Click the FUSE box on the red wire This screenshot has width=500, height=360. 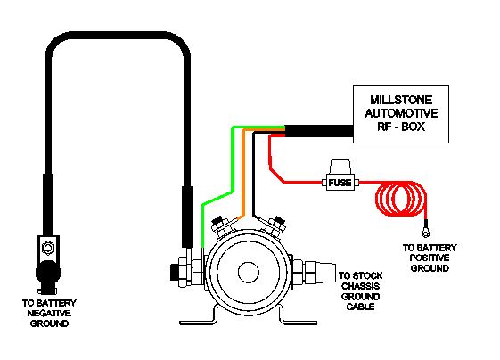pyautogui.click(x=340, y=183)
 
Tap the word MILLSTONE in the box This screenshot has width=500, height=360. pyautogui.click(x=401, y=100)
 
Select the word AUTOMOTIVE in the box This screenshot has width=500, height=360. pyautogui.click(x=401, y=113)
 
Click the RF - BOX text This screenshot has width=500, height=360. pyautogui.click(x=401, y=127)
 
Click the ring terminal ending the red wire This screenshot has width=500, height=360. pyautogui.click(x=425, y=233)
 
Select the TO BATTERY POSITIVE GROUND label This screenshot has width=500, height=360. pyautogui.click(x=430, y=258)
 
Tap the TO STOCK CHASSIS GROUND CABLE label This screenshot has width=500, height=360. pyautogui.click(x=360, y=290)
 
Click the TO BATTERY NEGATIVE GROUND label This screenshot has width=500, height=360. pyautogui.click(x=49, y=313)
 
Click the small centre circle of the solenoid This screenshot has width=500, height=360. pyautogui.click(x=249, y=272)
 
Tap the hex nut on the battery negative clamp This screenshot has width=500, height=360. pyautogui.click(x=48, y=248)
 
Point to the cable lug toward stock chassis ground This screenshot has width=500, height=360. pyautogui.click(x=320, y=272)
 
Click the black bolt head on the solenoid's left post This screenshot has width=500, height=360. pyautogui.click(x=174, y=272)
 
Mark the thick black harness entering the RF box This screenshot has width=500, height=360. pyautogui.click(x=319, y=131)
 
